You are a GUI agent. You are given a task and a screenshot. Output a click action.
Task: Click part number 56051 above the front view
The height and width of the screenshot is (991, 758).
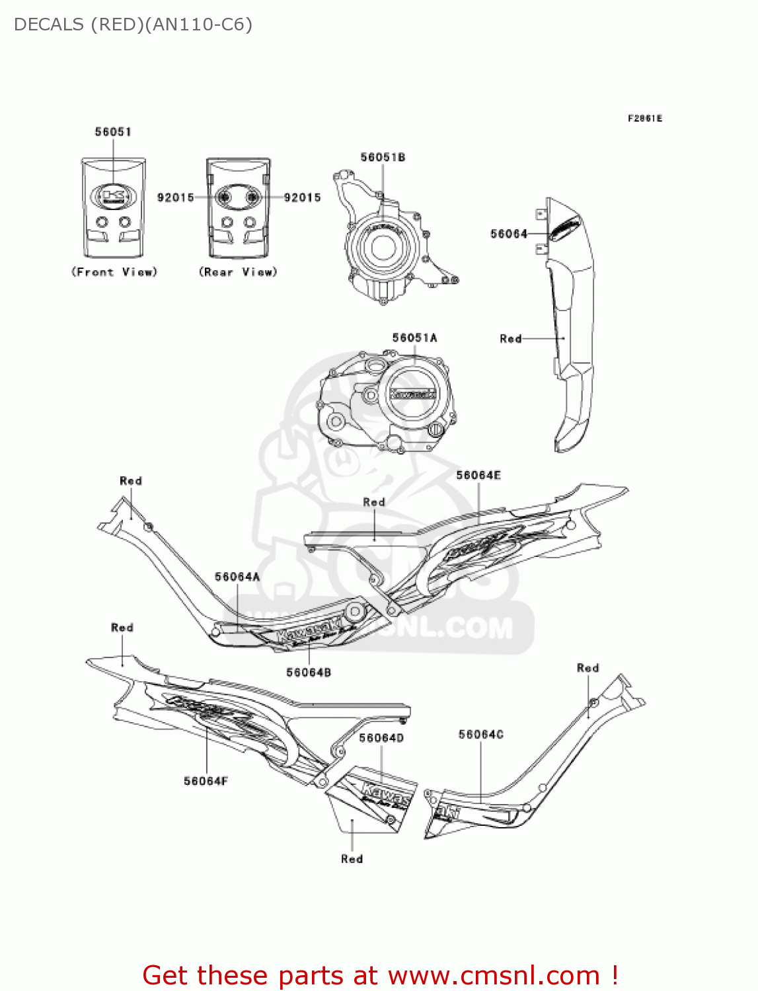point(113,132)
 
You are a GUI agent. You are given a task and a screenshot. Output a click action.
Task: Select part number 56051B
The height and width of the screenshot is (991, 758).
point(383,157)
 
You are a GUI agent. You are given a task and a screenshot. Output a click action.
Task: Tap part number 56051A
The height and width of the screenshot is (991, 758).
point(414,338)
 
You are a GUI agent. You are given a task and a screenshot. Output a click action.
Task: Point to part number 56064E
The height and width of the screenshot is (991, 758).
point(478,476)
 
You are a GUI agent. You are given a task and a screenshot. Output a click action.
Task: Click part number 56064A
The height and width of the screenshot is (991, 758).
point(237,577)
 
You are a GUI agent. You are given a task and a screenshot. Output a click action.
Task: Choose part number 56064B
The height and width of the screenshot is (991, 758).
point(309,673)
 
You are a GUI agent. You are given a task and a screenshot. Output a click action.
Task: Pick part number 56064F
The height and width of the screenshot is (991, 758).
point(206,782)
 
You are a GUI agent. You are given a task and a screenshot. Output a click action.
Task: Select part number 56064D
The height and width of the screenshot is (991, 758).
point(381,738)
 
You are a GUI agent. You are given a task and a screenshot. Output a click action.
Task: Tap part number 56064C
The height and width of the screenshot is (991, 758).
point(481,735)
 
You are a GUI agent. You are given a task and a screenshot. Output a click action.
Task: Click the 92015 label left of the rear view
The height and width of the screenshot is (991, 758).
point(176,198)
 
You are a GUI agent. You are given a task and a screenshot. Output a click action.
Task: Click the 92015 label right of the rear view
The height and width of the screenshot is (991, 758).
point(302,198)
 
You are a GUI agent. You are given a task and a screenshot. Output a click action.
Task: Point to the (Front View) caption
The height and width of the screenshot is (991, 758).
point(114,272)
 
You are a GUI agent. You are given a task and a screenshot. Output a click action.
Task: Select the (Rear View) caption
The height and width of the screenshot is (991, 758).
point(238,272)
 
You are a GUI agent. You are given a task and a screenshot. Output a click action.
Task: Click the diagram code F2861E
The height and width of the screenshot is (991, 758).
point(644,119)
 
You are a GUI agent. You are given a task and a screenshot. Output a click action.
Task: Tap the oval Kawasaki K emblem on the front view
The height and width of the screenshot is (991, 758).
point(113,196)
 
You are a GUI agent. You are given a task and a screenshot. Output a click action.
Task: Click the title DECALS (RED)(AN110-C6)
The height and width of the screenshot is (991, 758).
point(133,25)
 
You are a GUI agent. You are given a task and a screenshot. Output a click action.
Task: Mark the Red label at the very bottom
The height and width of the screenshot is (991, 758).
point(352,859)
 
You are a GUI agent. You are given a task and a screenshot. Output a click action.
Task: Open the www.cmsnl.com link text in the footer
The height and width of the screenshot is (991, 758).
point(494,976)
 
